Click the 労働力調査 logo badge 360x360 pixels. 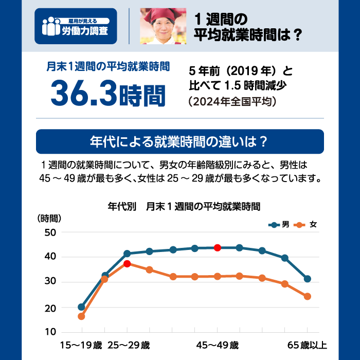(76, 26)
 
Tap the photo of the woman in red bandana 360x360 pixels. (163, 26)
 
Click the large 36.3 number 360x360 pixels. (84, 93)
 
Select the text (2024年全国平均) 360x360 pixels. (233, 101)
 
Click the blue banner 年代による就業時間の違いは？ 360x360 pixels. (179, 141)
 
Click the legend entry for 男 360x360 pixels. (280, 225)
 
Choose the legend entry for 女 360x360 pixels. (307, 225)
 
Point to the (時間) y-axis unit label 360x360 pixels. (49, 218)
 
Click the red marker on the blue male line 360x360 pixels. (218, 248)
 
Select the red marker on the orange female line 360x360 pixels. (127, 264)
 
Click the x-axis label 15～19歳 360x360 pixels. (82, 345)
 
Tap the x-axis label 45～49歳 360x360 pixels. (218, 345)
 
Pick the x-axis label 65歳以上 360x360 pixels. (307, 345)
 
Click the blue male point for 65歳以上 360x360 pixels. (308, 279)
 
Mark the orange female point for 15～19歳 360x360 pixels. (81, 316)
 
